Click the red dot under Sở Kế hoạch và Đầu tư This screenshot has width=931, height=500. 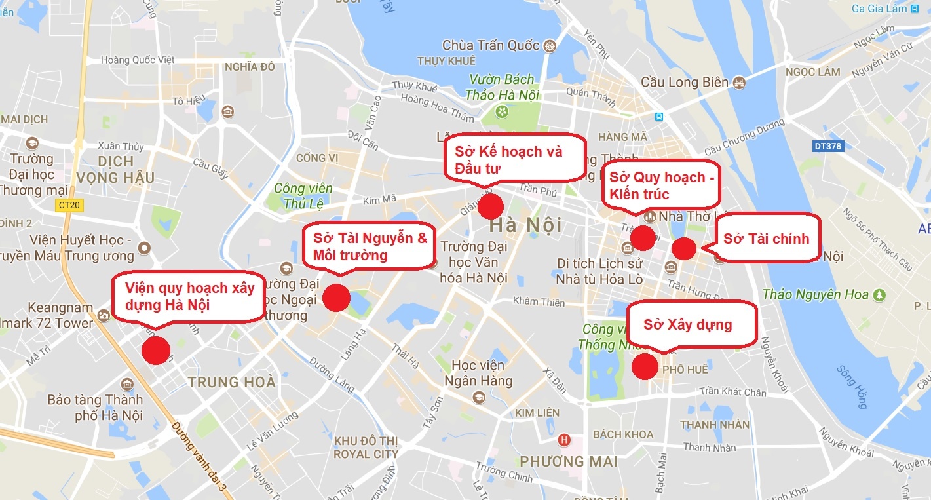490,206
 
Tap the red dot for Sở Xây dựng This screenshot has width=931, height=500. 645,366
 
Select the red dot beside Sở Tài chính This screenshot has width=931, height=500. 683,248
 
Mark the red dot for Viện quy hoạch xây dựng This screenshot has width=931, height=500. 156,351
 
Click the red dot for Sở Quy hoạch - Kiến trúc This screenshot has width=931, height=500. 643,237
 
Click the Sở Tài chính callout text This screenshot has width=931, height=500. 766,239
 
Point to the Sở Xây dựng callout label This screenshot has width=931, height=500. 687,324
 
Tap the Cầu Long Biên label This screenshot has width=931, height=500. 684,83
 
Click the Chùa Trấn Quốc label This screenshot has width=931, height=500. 491,46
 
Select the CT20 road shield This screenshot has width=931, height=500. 68,205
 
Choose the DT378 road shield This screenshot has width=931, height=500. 827,146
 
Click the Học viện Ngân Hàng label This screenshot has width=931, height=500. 478,372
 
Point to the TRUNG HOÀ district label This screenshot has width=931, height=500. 231,382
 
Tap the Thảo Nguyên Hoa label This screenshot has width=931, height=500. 815,295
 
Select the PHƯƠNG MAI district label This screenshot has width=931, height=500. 568,461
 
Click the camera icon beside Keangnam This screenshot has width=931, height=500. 104,316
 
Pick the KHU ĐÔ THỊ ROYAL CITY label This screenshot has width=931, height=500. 366,447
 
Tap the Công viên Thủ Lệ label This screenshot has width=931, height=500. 303,195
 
